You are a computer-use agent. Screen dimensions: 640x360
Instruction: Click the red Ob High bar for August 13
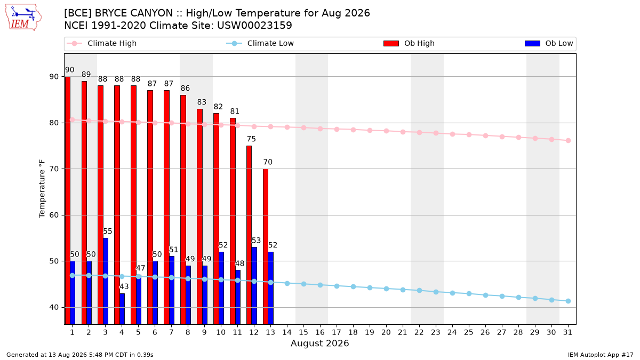pos(266,246)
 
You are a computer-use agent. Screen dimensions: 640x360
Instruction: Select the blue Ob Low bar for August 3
pos(106,281)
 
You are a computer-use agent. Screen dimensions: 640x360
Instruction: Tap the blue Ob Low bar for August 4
pos(122,309)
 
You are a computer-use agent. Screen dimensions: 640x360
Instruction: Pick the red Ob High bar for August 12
pos(249,235)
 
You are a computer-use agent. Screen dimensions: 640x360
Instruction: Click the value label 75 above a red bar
pos(251,139)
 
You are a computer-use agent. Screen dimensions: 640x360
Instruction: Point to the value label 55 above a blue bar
pos(107,231)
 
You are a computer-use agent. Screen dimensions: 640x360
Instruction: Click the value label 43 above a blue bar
pos(124,286)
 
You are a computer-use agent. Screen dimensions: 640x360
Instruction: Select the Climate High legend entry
pos(101,43)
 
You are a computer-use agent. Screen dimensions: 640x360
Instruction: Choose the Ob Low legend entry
pos(549,43)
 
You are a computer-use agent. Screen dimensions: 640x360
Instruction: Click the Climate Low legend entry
pos(260,43)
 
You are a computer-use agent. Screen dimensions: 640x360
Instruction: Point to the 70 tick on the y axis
pos(53,169)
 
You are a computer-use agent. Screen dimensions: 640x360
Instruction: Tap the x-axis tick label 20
pos(386,332)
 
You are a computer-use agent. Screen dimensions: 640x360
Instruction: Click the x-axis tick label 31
pos(567,332)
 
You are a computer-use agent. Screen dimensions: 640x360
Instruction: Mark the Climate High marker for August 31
pos(568,141)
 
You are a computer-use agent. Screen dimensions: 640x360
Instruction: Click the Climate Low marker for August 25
pos(469,294)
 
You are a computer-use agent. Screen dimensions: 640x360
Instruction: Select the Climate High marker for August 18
pos(353,130)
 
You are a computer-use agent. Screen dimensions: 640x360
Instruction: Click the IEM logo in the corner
pos(23,18)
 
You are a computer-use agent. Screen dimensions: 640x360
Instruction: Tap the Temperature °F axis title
pos(42,189)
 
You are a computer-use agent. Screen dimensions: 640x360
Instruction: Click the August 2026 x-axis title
pos(319,343)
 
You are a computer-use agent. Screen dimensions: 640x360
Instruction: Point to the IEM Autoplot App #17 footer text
pos(601,355)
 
